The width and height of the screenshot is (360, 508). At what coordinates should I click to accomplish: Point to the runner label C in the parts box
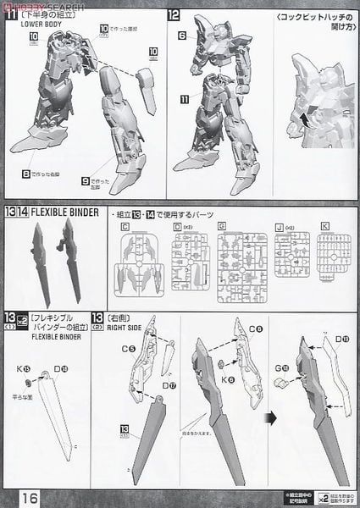[x=125, y=227]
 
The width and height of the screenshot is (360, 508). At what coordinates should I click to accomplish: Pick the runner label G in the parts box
[x=221, y=227]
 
